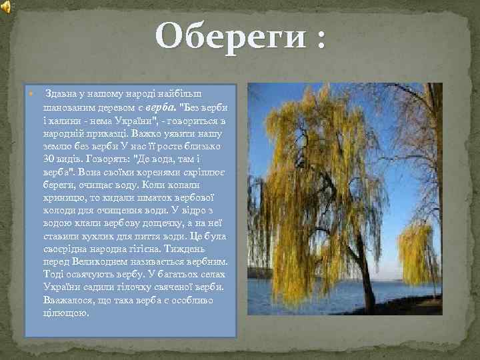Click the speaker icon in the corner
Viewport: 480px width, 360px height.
point(6,7)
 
